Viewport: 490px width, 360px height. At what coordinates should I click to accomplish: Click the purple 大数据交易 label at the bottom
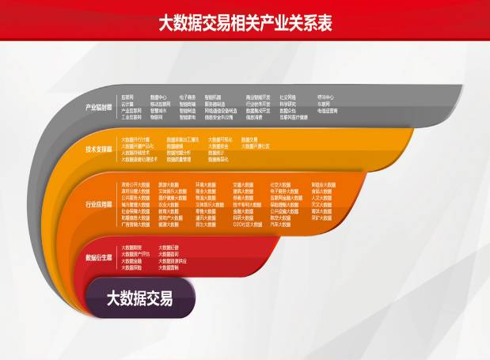139,298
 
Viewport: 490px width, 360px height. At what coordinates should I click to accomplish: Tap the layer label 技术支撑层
99,148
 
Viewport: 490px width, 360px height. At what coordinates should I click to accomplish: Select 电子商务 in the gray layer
187,97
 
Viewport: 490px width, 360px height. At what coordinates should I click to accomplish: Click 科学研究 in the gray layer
287,104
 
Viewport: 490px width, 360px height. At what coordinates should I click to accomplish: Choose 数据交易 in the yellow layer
249,139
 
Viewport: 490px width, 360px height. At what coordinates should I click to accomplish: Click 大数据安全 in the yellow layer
218,146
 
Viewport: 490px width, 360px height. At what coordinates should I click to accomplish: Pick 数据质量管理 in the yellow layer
180,158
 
